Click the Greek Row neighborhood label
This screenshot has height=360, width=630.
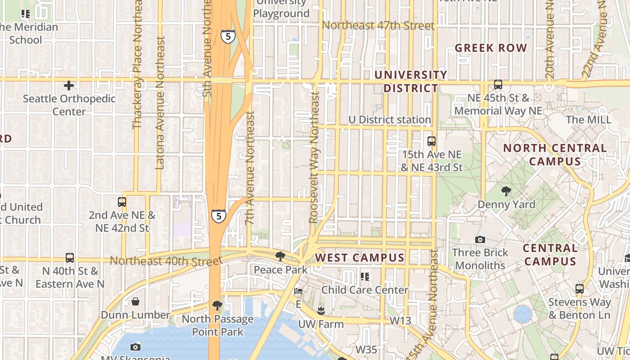click(x=490, y=48)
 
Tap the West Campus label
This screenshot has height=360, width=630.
click(x=360, y=257)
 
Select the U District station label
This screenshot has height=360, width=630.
click(x=390, y=120)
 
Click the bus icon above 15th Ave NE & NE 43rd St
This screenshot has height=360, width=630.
click(x=431, y=141)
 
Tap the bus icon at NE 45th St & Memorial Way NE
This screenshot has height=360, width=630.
click(x=498, y=85)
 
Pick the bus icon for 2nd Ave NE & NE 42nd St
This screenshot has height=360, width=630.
click(x=121, y=202)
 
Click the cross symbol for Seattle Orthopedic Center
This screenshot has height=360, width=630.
click(x=69, y=85)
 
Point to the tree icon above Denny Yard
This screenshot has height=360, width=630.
click(x=506, y=191)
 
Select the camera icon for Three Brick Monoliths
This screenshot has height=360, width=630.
click(x=480, y=239)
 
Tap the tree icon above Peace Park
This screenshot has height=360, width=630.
click(x=280, y=256)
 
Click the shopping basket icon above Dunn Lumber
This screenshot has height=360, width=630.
click(x=135, y=301)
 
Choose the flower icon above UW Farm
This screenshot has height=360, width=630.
click(x=321, y=310)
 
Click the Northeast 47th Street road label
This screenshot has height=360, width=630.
click(x=378, y=26)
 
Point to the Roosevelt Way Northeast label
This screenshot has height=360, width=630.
click(x=314, y=157)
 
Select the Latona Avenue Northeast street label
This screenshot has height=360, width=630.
click(x=160, y=103)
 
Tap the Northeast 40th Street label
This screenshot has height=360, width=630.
click(x=166, y=261)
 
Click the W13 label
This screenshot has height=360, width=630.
click(x=400, y=320)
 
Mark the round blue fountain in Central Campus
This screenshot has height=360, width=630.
click(x=522, y=314)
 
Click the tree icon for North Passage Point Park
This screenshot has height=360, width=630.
click(x=217, y=306)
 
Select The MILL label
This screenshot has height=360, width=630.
click(x=589, y=120)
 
